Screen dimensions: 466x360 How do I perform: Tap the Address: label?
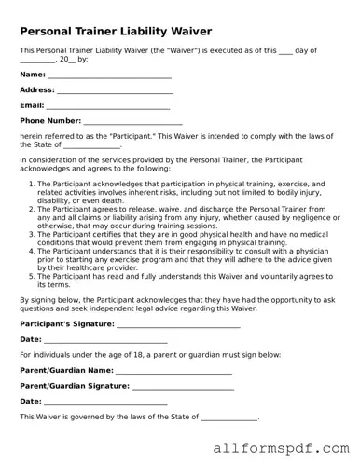[37, 89]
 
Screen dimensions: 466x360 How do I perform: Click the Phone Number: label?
[50, 121]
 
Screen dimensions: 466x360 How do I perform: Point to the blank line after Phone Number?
[132, 123]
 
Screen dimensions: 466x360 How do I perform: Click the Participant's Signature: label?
[66, 323]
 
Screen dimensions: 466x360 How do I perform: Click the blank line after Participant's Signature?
[178, 325]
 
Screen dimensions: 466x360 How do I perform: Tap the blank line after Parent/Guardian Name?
[174, 372]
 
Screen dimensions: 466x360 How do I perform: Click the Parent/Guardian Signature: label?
[74, 385]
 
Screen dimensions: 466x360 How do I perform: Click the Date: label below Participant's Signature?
[31, 339]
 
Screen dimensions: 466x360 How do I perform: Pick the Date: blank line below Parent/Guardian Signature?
[105, 403]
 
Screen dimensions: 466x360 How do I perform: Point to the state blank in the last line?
[228, 418]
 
